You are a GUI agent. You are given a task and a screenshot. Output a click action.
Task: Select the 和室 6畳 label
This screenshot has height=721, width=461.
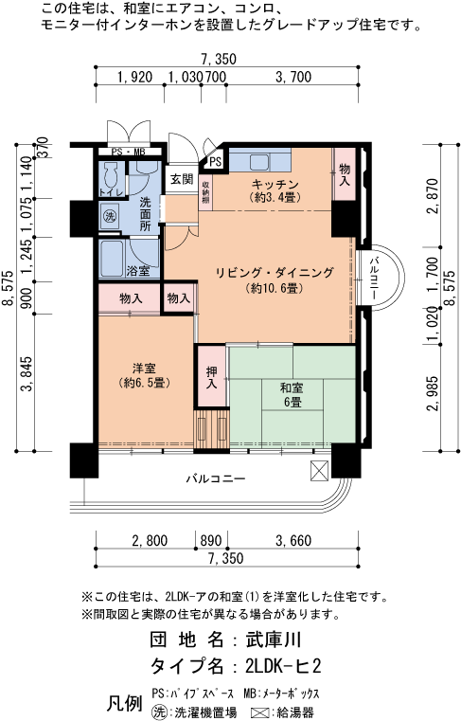coord(291,394)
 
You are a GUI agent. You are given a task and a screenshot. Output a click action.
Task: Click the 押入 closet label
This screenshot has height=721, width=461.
coord(211,377)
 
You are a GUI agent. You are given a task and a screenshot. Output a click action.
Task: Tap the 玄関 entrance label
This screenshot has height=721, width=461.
coord(181,179)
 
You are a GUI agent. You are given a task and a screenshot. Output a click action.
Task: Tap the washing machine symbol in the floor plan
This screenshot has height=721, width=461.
coord(109,216)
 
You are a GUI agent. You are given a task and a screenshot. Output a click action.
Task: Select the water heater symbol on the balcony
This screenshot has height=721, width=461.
coord(318,468)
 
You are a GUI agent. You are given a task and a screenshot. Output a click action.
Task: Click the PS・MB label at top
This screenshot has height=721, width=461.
coord(127,153)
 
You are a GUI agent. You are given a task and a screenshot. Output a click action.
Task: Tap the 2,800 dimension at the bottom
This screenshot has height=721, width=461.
coord(150,541)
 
